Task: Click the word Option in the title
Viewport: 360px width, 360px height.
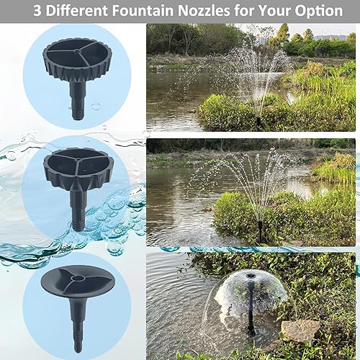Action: (x=316, y=12)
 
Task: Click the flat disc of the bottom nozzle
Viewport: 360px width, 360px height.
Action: (x=74, y=284)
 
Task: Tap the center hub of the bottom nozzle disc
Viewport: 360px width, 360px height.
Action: (x=75, y=280)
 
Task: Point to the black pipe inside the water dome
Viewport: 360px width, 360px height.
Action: (x=249, y=310)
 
